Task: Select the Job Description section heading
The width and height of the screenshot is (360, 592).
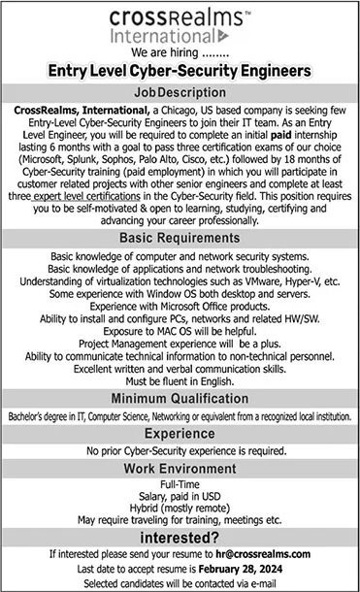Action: [180, 90]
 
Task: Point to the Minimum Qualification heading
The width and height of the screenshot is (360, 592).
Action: [180, 397]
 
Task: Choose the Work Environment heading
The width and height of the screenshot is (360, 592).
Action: [180, 470]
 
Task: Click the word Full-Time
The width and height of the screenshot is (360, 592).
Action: [180, 484]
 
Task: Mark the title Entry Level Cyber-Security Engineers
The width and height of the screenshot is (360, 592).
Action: [180, 71]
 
